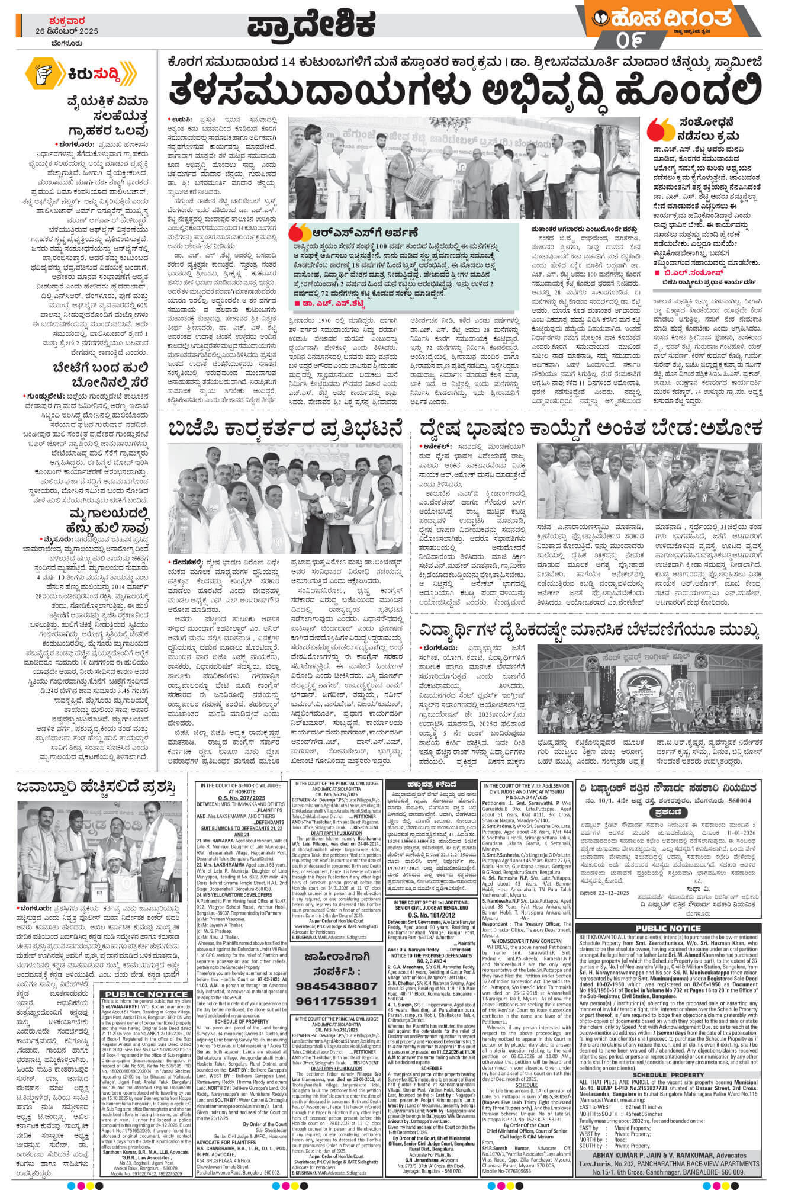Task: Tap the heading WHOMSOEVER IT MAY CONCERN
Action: tap(526, 941)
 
